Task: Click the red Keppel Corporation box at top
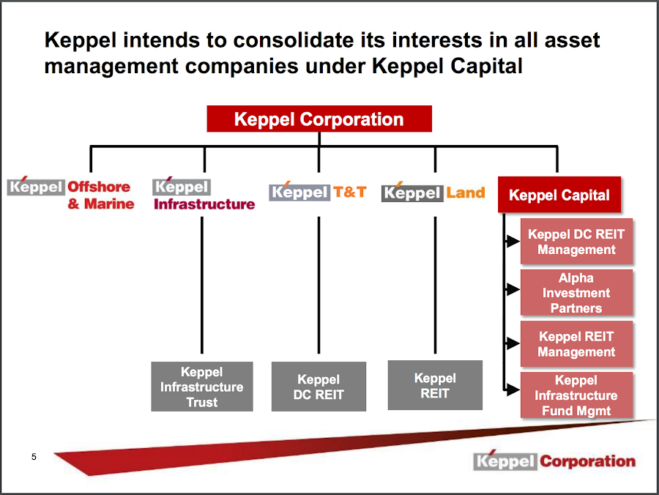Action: coord(319,119)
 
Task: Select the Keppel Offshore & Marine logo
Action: coord(72,194)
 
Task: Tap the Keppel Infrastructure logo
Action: coord(204,196)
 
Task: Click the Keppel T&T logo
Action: coord(318,193)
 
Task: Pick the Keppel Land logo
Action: coord(433,193)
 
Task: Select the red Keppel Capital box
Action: coord(559,196)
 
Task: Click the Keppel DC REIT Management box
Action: coord(576,242)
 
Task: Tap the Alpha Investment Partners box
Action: coord(576,293)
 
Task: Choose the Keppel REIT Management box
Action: coord(576,344)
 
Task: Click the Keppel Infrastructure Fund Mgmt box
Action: coord(576,395)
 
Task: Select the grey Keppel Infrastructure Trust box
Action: coord(201,387)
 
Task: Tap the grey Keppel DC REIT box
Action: coord(319,387)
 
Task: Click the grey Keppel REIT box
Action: coord(435,385)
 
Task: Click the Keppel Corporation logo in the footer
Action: coord(554,461)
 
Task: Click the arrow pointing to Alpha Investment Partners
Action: coord(512,290)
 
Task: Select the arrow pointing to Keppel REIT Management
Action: coord(512,342)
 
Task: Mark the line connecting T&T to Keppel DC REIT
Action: coord(319,286)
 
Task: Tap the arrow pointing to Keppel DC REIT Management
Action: coord(512,239)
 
